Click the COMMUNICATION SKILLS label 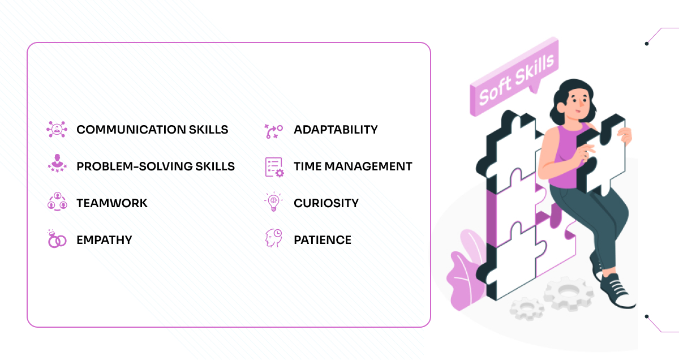click(x=152, y=130)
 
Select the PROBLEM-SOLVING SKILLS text click(x=156, y=166)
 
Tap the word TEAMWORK click(x=112, y=203)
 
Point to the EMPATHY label click(x=104, y=240)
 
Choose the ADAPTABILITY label click(x=336, y=130)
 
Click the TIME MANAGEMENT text click(x=353, y=166)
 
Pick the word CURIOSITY click(x=326, y=203)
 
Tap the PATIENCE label click(x=323, y=240)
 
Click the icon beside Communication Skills click(x=57, y=130)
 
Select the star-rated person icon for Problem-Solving click(x=57, y=165)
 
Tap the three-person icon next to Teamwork click(x=57, y=202)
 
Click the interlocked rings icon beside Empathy click(x=57, y=239)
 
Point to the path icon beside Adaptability click(x=274, y=131)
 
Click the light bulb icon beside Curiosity click(x=274, y=203)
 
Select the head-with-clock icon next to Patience click(x=274, y=238)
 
